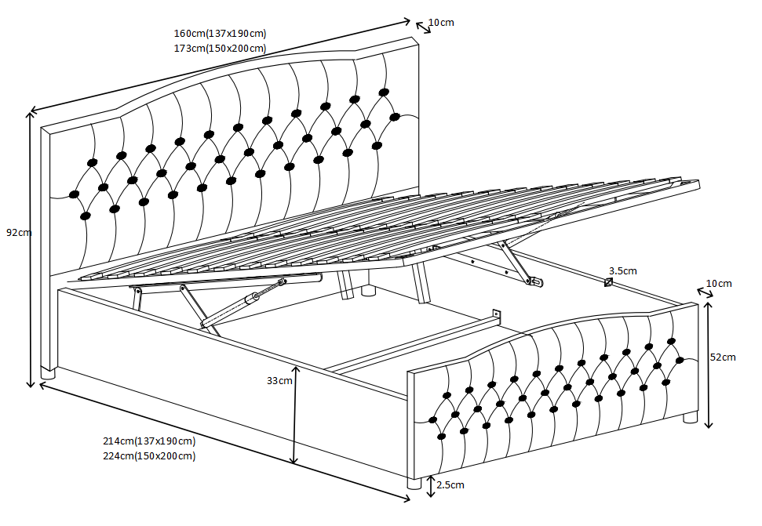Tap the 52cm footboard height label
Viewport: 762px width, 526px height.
click(x=722, y=357)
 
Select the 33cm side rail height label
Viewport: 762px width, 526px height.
click(x=279, y=381)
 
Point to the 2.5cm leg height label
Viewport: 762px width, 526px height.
click(x=450, y=485)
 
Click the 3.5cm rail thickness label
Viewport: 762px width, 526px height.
click(x=622, y=270)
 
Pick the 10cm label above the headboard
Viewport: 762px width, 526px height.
click(x=441, y=22)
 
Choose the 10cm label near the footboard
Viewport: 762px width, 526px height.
click(x=719, y=283)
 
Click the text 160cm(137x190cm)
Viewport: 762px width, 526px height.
click(x=220, y=33)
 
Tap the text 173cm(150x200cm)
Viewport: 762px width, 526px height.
click(x=220, y=49)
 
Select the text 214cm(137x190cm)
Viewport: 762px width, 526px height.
click(x=149, y=441)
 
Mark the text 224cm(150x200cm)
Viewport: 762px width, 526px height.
click(x=149, y=455)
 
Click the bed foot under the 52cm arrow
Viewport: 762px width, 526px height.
click(x=690, y=418)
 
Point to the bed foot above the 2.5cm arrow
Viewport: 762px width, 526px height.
click(x=414, y=484)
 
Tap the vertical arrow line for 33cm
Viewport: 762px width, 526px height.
click(x=295, y=415)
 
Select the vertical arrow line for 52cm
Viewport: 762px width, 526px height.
click(x=709, y=365)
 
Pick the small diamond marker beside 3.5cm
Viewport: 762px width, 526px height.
click(x=608, y=282)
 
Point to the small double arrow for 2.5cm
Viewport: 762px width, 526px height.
click(x=430, y=486)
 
